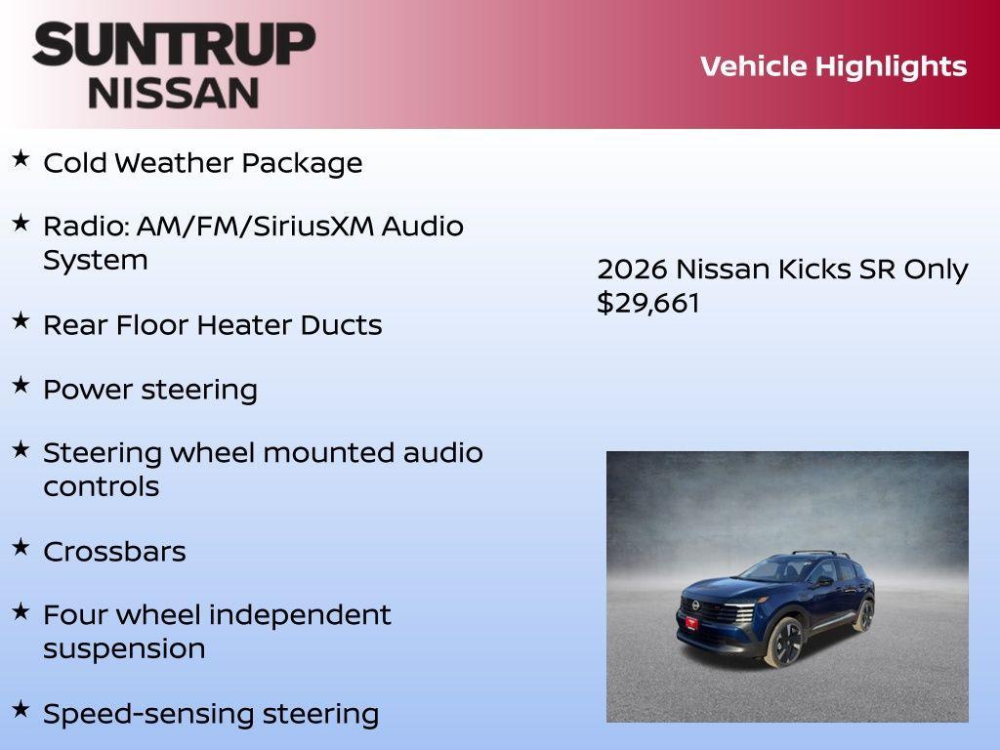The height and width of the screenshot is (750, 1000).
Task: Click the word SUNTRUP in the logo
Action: pos(174,45)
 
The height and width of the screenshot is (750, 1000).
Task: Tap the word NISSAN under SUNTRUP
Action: pos(174,93)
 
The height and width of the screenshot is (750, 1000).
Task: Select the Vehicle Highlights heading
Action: pos(833,66)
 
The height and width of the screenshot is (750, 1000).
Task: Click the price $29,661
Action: pos(648,303)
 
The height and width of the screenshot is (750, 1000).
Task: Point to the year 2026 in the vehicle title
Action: pos(632,270)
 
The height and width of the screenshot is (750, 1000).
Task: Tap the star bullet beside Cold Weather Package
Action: pos(21,159)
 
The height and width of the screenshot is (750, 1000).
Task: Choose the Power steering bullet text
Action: pos(150,390)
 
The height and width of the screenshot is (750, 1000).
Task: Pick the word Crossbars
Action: pos(114,552)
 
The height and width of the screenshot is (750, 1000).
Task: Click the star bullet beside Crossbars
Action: pos(21,548)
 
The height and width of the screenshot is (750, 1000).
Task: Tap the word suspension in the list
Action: pos(124,648)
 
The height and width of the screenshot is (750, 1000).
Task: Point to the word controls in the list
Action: pos(101,486)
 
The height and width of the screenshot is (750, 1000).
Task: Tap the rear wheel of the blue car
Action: pos(862,614)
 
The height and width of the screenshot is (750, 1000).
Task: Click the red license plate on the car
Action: pos(691,622)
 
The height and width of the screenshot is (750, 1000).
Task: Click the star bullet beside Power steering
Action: pos(21,386)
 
